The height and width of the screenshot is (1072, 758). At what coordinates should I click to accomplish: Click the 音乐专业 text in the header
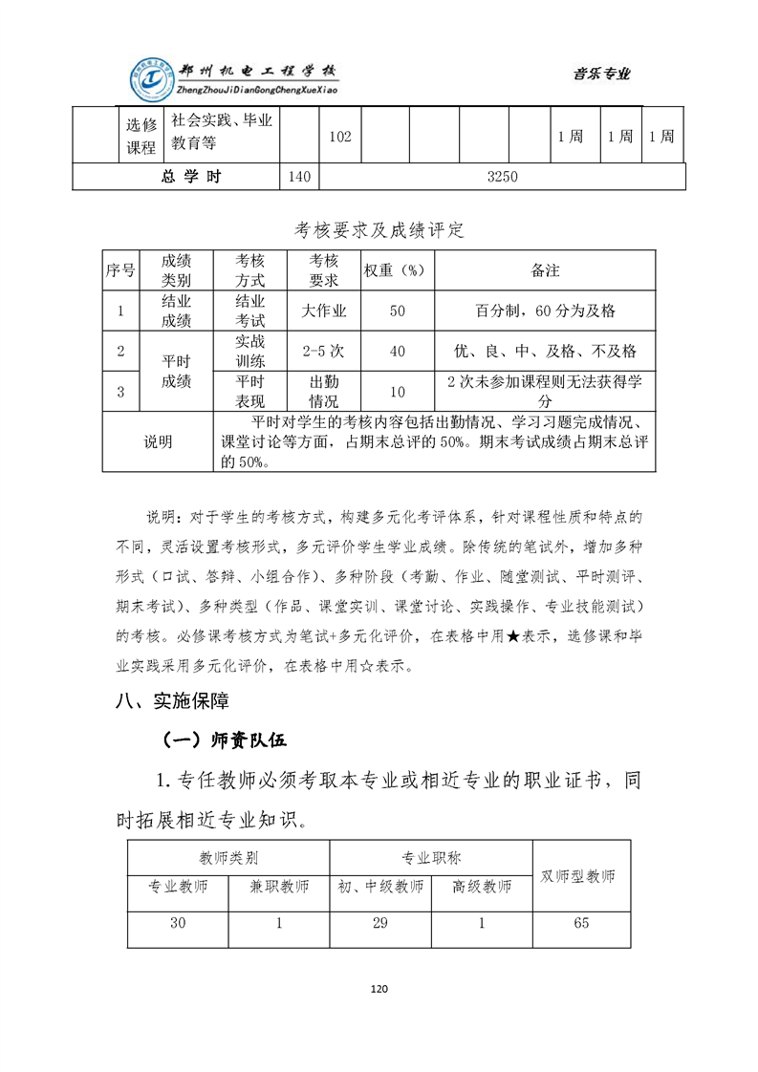click(x=601, y=75)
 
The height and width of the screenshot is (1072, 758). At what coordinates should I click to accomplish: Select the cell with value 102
click(x=338, y=137)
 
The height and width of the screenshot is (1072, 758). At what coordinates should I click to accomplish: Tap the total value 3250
click(x=501, y=177)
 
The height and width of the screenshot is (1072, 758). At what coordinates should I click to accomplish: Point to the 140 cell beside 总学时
click(x=298, y=177)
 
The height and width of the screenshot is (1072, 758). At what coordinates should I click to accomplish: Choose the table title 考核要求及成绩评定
click(x=379, y=230)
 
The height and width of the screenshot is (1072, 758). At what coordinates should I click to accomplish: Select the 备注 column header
click(x=545, y=270)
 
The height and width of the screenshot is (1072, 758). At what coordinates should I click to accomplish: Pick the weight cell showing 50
click(x=398, y=311)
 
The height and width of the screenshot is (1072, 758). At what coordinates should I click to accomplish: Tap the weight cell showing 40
click(x=398, y=352)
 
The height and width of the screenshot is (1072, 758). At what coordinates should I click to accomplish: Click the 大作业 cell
click(x=324, y=311)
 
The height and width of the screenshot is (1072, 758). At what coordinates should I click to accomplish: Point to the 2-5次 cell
click(x=324, y=352)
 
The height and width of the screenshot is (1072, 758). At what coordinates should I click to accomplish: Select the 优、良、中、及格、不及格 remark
click(x=545, y=352)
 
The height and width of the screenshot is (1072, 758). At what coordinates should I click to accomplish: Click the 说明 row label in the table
click(x=159, y=441)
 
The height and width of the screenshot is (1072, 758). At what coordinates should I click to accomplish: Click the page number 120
click(x=379, y=989)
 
